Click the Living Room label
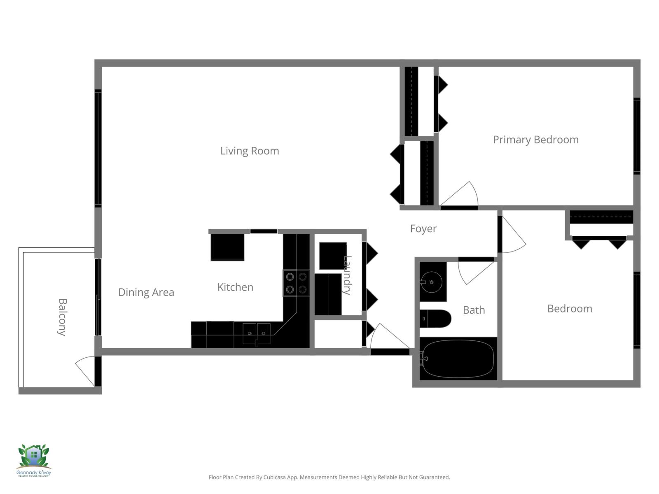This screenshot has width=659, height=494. [x=250, y=151]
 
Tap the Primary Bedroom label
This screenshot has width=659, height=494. [x=535, y=140]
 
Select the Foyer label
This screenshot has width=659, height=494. [x=423, y=228]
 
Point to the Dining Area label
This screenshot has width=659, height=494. [x=146, y=292]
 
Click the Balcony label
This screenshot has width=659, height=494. [x=62, y=317]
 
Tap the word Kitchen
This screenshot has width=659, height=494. [x=235, y=287]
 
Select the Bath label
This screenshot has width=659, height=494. [x=474, y=310]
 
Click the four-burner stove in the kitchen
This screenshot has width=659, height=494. [x=296, y=283]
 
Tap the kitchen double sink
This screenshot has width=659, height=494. [x=256, y=333]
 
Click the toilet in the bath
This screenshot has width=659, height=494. [x=436, y=319]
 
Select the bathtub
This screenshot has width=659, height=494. [x=458, y=359]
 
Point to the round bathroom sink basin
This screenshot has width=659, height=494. [x=431, y=282]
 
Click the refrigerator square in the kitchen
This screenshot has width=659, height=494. [x=227, y=247]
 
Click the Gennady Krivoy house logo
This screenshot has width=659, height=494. [x=34, y=457]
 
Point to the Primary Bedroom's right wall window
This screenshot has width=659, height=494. [x=637, y=136]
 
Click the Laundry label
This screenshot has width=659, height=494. [x=347, y=275]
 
